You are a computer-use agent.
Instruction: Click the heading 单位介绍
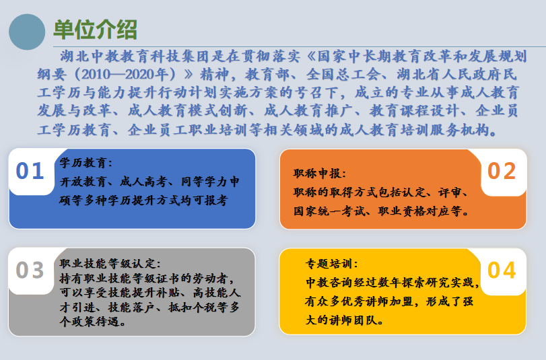coord(95,30)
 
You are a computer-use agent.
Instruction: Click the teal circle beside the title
coord(27,32)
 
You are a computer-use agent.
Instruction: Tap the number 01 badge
coord(30,172)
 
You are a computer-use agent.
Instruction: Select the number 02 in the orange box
coord(502,172)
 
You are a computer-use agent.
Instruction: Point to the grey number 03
coord(30,270)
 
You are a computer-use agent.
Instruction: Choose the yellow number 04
coord(502,270)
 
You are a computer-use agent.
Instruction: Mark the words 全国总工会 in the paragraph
coord(335,73)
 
